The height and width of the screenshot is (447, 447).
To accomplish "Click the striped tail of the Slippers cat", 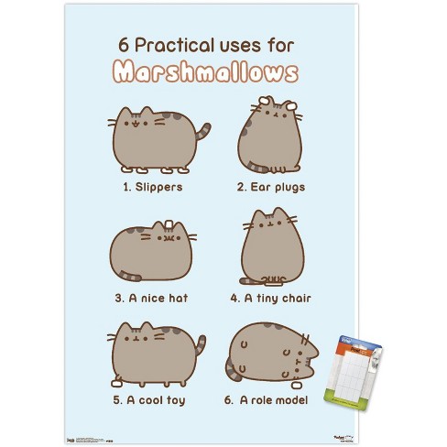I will [x=203, y=132].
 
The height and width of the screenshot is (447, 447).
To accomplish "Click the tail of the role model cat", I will [x=232, y=371].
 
